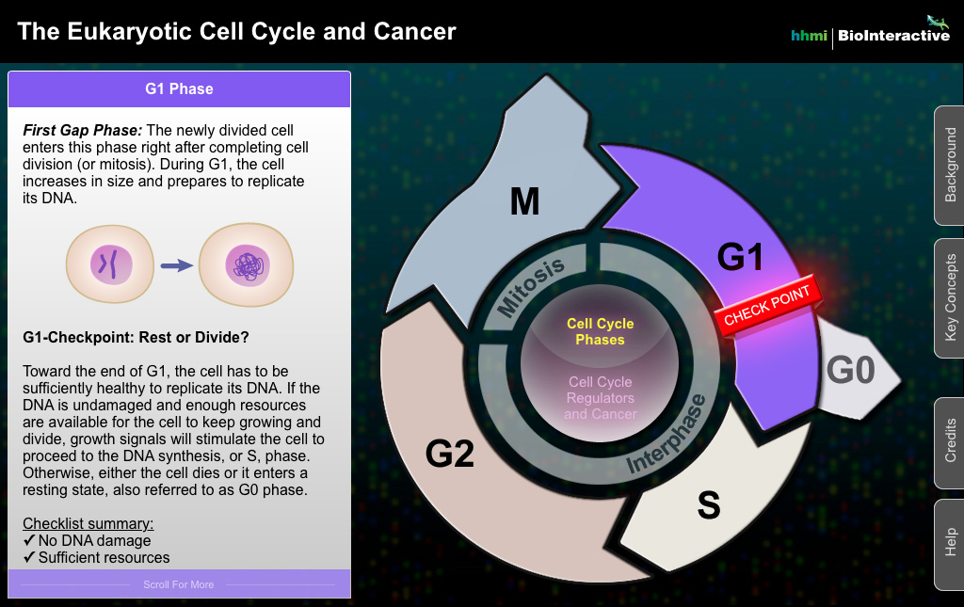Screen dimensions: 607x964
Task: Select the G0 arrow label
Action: (x=850, y=370)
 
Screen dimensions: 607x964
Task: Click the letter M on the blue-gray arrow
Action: (x=524, y=200)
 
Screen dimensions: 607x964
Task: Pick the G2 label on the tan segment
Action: (x=450, y=454)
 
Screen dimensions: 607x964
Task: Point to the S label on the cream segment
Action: (x=708, y=505)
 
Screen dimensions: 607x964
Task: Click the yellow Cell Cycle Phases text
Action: (x=601, y=331)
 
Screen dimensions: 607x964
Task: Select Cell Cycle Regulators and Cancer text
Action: (x=601, y=398)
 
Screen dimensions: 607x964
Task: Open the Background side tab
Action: (x=949, y=165)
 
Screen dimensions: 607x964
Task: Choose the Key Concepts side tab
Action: (x=949, y=298)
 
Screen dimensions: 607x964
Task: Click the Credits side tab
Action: (x=949, y=441)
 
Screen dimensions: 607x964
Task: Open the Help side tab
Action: (x=949, y=544)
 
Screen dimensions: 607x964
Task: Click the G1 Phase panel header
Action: (x=179, y=89)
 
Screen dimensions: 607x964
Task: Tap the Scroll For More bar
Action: (x=179, y=584)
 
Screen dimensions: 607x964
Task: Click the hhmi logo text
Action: (x=809, y=36)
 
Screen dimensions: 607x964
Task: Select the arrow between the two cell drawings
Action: (x=175, y=266)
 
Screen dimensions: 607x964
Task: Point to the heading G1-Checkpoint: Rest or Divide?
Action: (x=136, y=337)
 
